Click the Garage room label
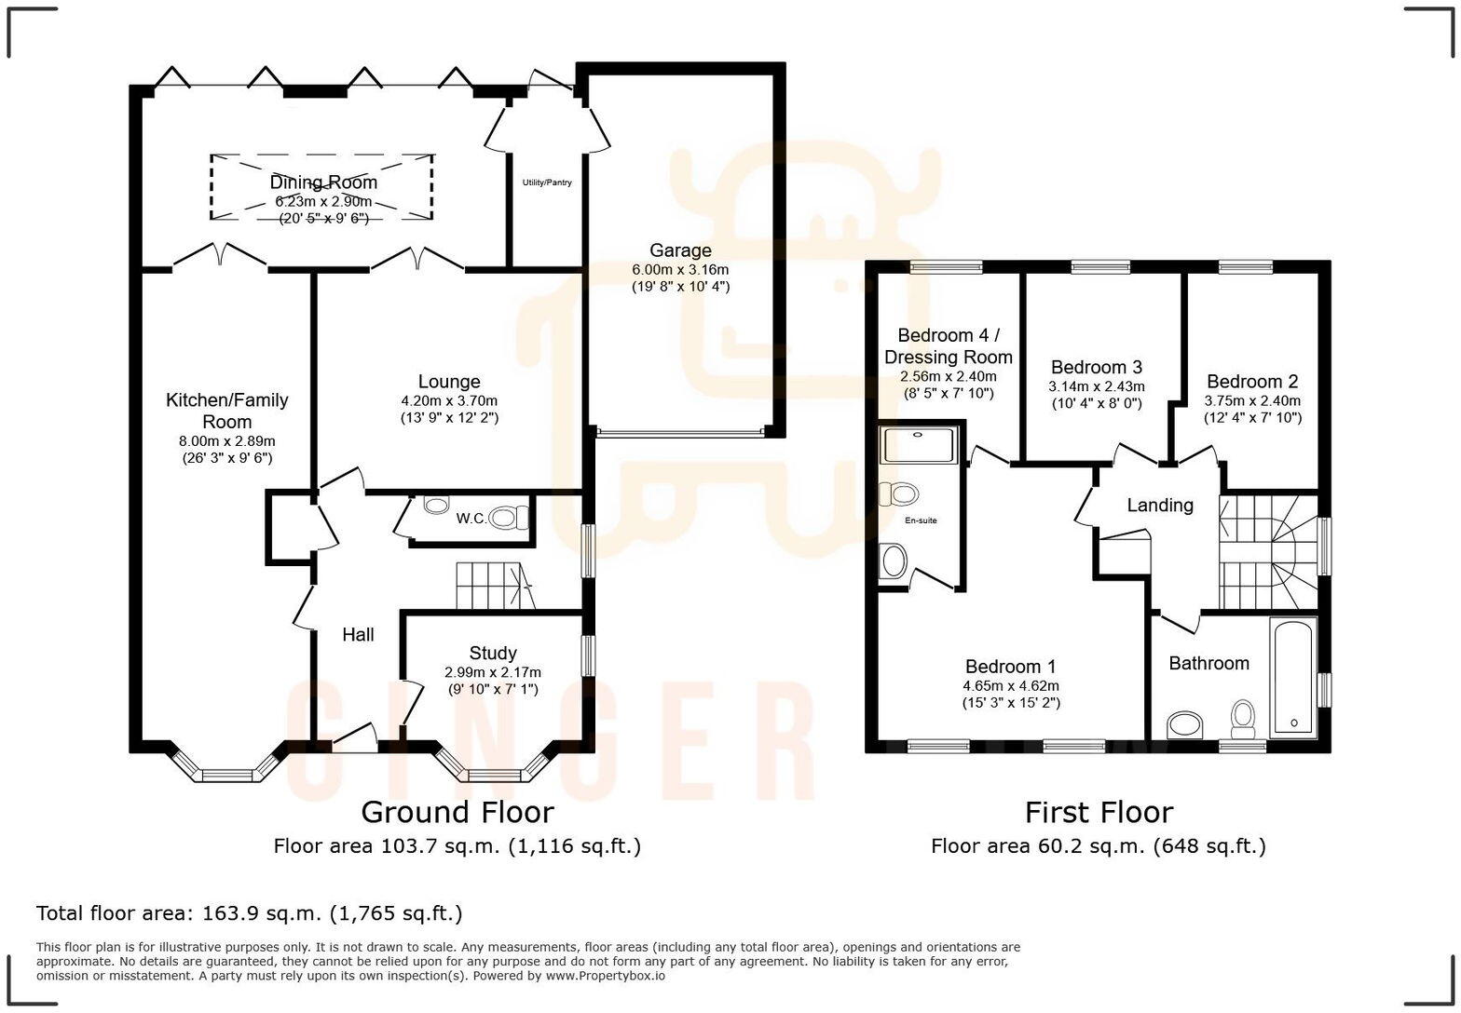tap(680, 250)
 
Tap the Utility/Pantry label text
tap(547, 182)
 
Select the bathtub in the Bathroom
tap(1292, 677)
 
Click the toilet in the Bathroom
tap(1243, 717)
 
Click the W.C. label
tap(471, 519)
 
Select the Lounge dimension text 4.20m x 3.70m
tap(449, 400)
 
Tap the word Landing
tap(1159, 505)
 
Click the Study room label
tap(493, 653)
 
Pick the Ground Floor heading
tap(457, 812)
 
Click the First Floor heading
tap(1099, 812)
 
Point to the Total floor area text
tap(249, 913)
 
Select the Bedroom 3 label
tap(1096, 367)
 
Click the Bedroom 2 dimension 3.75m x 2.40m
tap(1251, 400)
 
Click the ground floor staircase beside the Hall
tap(491, 586)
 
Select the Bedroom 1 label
tap(1010, 667)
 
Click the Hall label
tap(358, 634)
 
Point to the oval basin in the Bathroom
tap(1185, 723)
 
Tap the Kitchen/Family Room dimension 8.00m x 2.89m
tap(227, 440)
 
